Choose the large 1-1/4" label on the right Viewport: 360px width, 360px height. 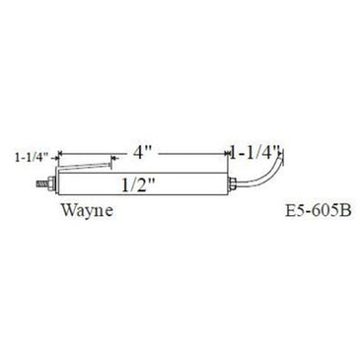tap(256, 153)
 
